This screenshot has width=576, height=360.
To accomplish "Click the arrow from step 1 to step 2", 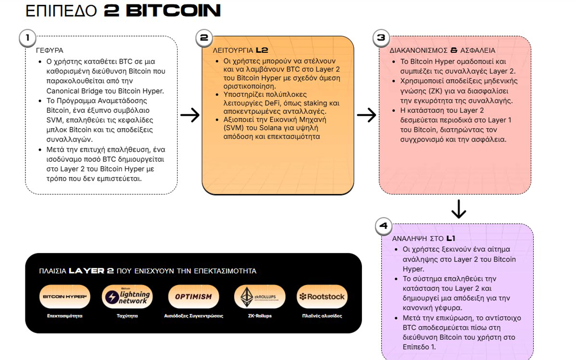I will click(x=190, y=115).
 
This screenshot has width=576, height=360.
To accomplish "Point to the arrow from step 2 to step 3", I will click(x=366, y=115).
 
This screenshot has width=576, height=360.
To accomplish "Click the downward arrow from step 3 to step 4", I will click(x=459, y=209).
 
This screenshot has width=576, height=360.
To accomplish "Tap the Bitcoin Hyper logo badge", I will click(x=65, y=297).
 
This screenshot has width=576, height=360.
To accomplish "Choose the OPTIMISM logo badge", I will click(x=193, y=297).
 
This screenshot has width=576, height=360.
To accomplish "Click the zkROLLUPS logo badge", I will click(x=259, y=297).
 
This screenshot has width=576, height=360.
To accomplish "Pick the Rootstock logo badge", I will click(x=322, y=297).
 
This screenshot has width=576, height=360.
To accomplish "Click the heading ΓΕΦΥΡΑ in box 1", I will click(x=49, y=50).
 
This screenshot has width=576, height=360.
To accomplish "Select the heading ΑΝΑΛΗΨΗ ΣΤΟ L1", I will click(x=424, y=239).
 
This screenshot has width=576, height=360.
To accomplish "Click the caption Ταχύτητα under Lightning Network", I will click(x=127, y=316).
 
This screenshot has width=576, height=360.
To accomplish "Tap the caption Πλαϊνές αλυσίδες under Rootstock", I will click(x=322, y=316).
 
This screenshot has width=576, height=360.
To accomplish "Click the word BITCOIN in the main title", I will click(x=173, y=11).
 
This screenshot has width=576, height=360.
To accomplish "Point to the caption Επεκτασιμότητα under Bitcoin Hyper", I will click(x=65, y=316).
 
